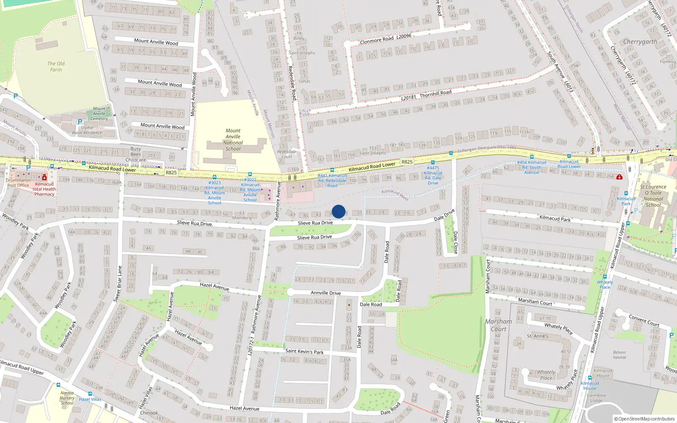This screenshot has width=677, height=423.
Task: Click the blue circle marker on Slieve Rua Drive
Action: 338,211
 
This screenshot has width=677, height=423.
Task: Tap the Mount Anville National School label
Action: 233,140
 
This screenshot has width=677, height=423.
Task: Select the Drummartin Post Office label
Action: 18,183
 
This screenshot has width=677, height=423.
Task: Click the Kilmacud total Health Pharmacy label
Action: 44,189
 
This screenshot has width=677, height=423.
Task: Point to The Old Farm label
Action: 56,66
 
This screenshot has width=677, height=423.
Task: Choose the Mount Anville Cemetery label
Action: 99,113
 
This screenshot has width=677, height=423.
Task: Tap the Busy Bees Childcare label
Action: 136,154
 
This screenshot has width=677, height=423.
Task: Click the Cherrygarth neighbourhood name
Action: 640,41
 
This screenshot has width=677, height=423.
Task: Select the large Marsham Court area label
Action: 498,325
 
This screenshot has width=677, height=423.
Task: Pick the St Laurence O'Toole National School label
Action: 653,195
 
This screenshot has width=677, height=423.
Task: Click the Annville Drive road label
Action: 325,293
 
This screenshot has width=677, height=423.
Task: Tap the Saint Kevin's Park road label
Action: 304,351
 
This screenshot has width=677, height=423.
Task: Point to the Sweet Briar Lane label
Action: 118,283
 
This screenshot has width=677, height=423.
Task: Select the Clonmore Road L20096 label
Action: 385,39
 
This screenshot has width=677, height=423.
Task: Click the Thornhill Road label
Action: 435,93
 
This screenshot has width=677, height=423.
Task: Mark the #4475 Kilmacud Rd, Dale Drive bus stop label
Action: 433,175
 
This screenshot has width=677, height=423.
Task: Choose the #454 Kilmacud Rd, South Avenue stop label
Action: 531,167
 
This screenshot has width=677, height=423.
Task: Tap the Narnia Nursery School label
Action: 67,398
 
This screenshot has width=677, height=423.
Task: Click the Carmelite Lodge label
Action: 596,398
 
